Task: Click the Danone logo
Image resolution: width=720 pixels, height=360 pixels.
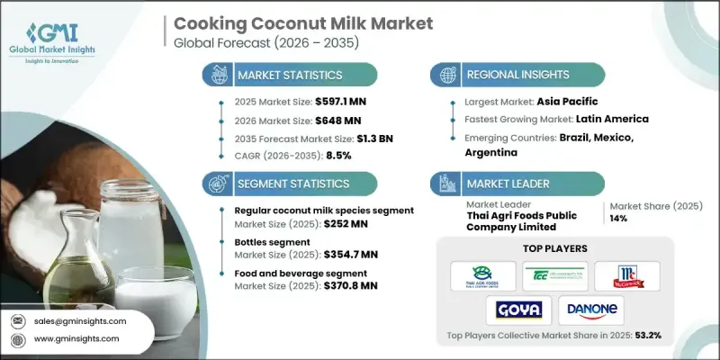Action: (x=590, y=310)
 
